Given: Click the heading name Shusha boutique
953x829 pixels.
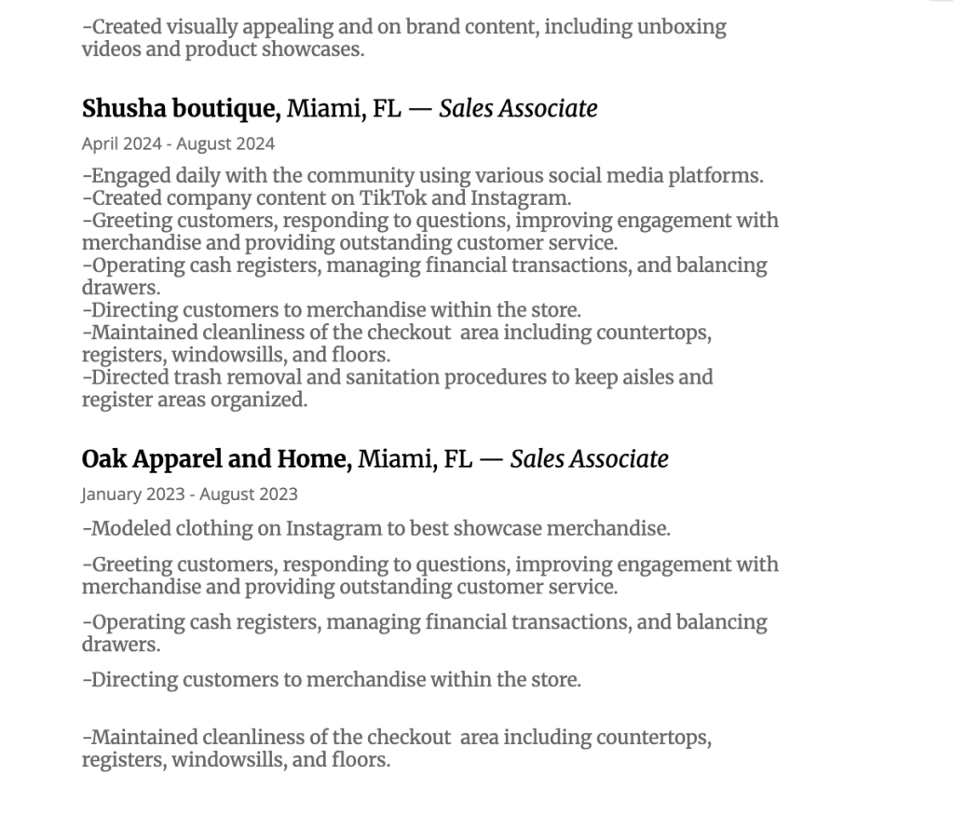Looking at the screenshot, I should pyautogui.click(x=181, y=109).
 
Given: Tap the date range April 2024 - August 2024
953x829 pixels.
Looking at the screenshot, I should pyautogui.click(x=178, y=143).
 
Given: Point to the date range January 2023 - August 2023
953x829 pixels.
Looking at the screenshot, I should pyautogui.click(x=189, y=495).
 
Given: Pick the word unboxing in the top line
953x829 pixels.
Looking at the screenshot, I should pyautogui.click(x=681, y=27).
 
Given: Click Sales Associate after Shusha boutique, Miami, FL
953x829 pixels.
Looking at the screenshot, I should pyautogui.click(x=518, y=109).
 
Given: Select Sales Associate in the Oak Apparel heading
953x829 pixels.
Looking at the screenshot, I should pyautogui.click(x=589, y=459).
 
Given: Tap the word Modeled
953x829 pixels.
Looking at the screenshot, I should pyautogui.click(x=131, y=529).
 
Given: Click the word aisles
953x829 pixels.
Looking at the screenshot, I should pyautogui.click(x=687, y=377).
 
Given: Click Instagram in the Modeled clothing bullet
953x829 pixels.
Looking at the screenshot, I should pyautogui.click(x=333, y=529).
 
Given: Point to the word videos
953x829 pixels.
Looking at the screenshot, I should pyautogui.click(x=112, y=49).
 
